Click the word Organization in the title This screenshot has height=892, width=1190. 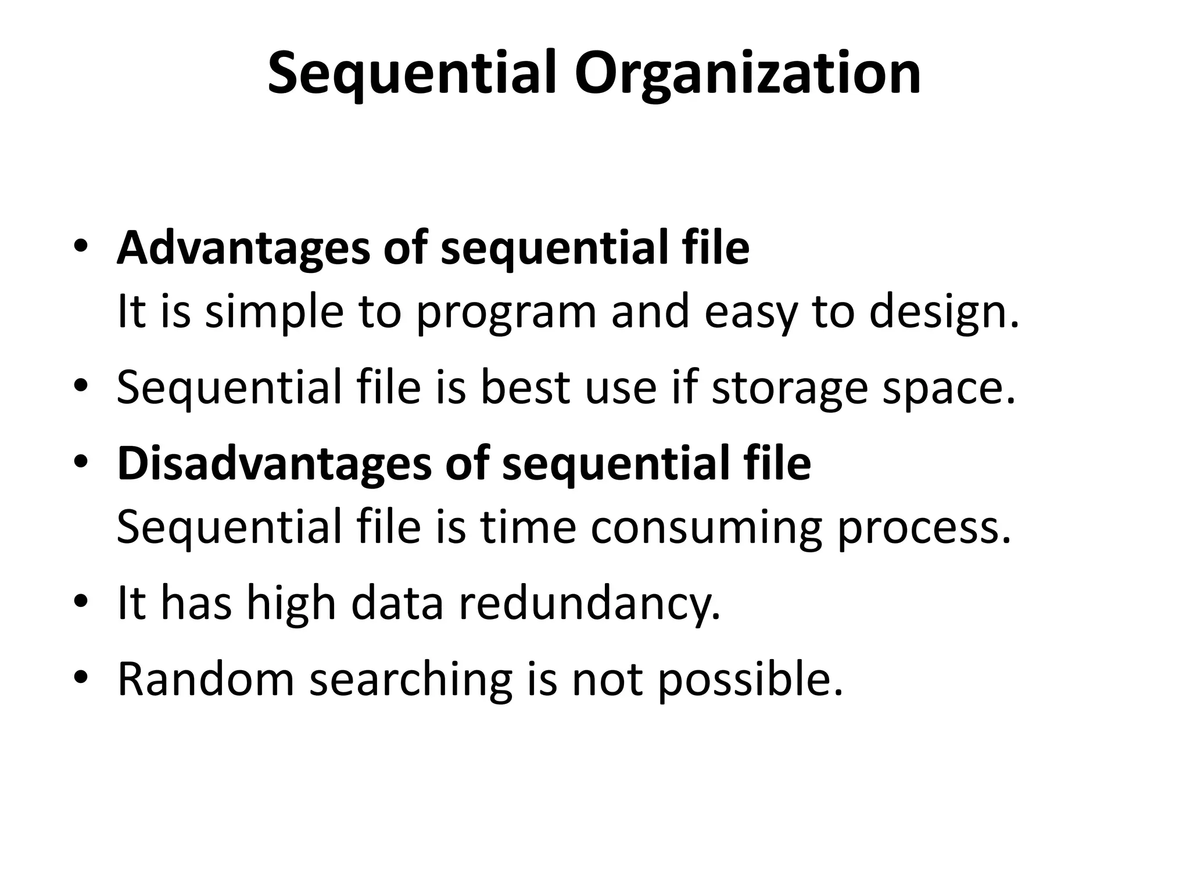click(x=747, y=74)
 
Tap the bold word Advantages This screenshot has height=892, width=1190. click(x=242, y=248)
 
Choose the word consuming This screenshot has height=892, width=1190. click(x=706, y=527)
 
